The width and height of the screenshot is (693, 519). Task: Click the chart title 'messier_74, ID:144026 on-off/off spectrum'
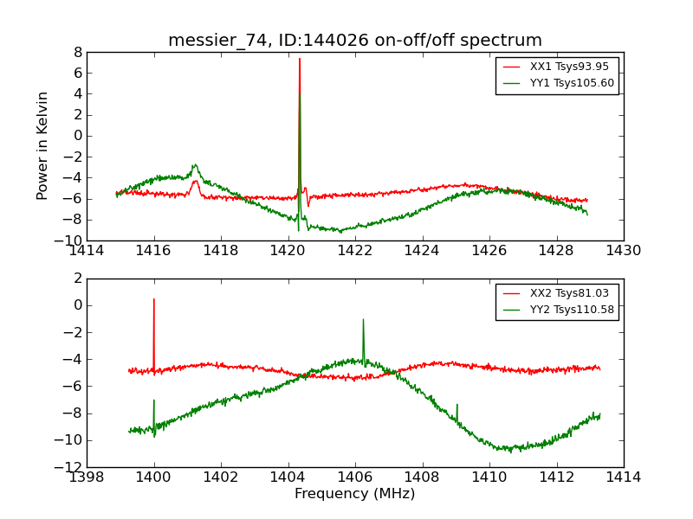355,41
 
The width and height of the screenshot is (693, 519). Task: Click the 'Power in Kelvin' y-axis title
42,145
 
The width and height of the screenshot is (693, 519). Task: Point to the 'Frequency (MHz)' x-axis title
354,494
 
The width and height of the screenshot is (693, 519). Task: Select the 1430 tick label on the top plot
623,251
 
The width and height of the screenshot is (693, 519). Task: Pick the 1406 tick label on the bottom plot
354,477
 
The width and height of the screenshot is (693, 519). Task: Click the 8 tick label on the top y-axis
77,52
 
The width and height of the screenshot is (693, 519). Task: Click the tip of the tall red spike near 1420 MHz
300,59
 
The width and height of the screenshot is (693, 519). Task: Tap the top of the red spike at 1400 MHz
154,299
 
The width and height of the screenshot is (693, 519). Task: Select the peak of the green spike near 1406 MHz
363,319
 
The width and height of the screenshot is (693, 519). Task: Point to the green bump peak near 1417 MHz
196,164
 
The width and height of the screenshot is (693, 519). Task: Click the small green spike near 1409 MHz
457,404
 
